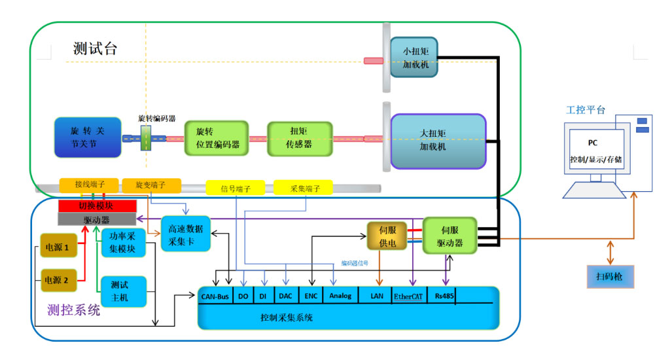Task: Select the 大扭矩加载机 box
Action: click(x=438, y=141)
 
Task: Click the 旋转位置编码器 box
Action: click(x=217, y=138)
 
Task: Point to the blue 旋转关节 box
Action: click(x=88, y=137)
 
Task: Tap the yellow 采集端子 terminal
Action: click(x=302, y=188)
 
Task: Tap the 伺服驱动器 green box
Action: click(x=450, y=236)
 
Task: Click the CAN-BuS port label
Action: click(x=215, y=296)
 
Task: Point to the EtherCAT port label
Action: click(x=409, y=296)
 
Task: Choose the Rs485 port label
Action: click(x=441, y=296)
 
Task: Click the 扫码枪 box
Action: click(x=609, y=278)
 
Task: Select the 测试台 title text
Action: click(x=96, y=49)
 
